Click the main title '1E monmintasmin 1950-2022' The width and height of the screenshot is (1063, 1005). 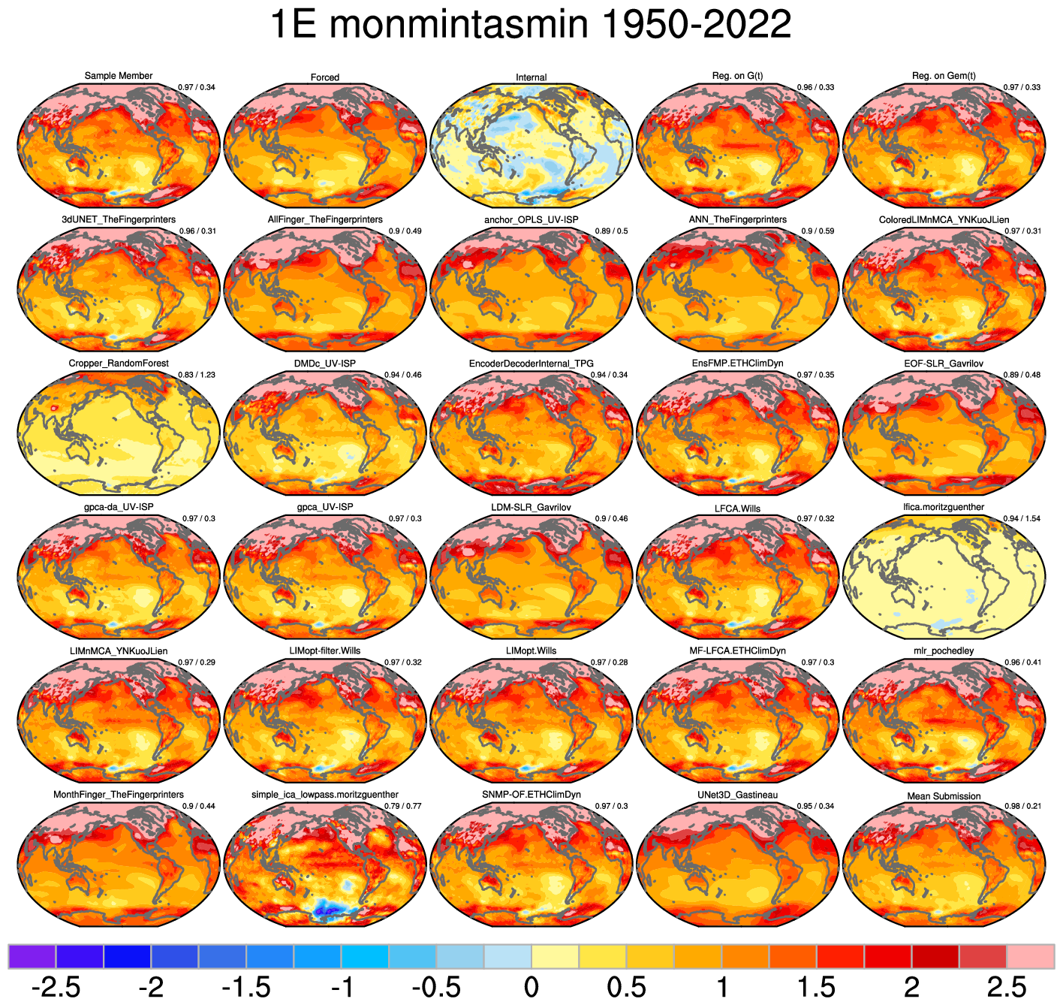[x=531, y=26]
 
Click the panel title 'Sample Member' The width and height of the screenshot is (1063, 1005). [x=119, y=76]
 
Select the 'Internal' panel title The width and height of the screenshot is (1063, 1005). [x=531, y=77]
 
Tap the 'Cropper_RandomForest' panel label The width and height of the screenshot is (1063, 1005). [x=119, y=364]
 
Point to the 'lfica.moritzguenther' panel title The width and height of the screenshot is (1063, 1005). [x=944, y=507]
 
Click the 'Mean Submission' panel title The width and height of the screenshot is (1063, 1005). [x=944, y=796]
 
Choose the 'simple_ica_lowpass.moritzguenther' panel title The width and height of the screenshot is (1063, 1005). [x=325, y=795]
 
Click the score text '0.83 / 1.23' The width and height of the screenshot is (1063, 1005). [x=197, y=375]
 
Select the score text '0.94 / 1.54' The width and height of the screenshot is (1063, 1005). [x=1022, y=519]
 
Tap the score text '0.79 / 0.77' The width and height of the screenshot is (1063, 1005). [x=403, y=806]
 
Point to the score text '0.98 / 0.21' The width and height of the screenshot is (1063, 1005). [x=1022, y=806]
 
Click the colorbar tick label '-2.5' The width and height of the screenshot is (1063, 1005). [x=56, y=987]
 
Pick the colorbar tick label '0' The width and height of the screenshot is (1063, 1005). [x=531, y=987]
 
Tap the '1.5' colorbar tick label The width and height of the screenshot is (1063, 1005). [x=817, y=987]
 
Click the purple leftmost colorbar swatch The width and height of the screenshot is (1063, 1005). [x=32, y=956]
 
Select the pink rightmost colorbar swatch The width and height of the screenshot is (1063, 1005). [x=1030, y=956]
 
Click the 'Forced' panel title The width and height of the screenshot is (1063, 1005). [x=325, y=77]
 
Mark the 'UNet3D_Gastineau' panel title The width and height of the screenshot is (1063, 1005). [x=738, y=795]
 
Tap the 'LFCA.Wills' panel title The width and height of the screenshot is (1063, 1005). [x=738, y=509]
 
